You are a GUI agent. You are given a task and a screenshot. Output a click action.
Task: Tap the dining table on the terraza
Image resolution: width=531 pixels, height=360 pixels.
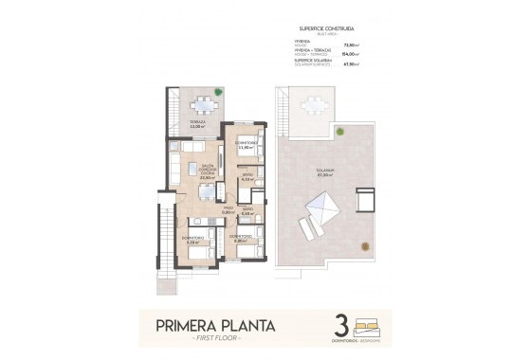[200, 105]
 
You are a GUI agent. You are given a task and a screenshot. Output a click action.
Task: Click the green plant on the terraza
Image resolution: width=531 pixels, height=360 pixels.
[218, 92]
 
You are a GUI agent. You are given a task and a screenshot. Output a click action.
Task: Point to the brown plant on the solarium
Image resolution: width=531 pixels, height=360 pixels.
[363, 245]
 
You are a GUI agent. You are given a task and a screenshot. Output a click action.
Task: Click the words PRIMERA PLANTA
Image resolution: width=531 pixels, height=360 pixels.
[215, 327]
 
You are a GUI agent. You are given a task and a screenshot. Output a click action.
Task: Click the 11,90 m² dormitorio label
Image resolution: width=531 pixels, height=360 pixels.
[247, 147]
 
